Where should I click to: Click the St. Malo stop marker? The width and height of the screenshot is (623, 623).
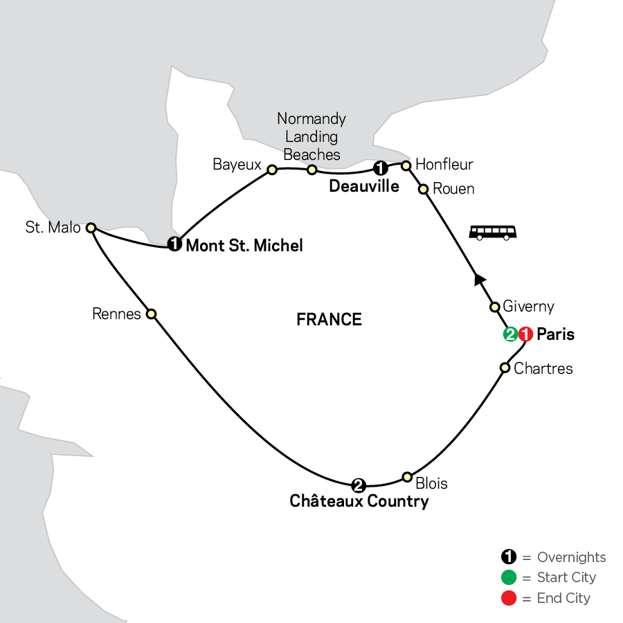(x=90, y=227)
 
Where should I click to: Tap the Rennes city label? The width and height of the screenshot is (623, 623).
(x=116, y=314)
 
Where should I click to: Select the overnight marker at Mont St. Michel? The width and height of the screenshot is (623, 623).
(x=174, y=244)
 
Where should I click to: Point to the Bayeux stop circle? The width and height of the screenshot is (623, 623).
(x=272, y=170)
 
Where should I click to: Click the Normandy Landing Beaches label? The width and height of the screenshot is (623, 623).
(x=311, y=136)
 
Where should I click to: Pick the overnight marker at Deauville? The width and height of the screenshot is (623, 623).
(x=380, y=168)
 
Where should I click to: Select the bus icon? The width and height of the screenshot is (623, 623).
(x=493, y=232)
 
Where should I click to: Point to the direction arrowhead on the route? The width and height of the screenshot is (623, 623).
(x=478, y=279)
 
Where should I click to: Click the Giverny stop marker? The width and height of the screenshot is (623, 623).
(x=495, y=307)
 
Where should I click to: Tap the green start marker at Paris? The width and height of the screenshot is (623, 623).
(x=511, y=334)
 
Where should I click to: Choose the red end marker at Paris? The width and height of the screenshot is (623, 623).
(x=526, y=334)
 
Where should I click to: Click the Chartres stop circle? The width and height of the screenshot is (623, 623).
(x=505, y=368)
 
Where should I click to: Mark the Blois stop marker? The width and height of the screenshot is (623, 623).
(x=407, y=477)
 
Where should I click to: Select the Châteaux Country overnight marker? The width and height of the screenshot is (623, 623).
(x=358, y=484)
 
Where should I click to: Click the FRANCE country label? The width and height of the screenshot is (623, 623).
(x=329, y=319)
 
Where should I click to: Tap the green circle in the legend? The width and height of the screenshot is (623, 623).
(x=508, y=577)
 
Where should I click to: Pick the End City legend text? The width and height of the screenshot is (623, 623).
(x=563, y=598)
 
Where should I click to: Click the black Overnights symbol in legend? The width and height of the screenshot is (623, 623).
(x=508, y=557)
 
